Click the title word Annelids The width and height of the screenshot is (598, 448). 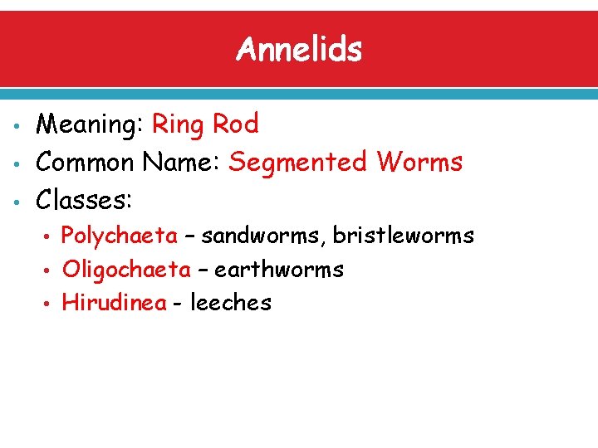pyautogui.click(x=299, y=50)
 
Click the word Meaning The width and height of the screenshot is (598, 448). pyautogui.click(x=90, y=125)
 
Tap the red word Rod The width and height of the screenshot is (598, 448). pyautogui.click(x=236, y=124)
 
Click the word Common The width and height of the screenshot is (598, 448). pyautogui.click(x=86, y=161)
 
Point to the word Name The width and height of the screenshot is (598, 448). pyautogui.click(x=181, y=161)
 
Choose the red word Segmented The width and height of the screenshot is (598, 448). pyautogui.click(x=297, y=163)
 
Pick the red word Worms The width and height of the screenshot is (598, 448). pyautogui.click(x=419, y=161)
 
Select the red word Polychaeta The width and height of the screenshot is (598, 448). pyautogui.click(x=120, y=236)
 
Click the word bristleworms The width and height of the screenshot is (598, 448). pyautogui.click(x=404, y=236)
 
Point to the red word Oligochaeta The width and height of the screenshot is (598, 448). pyautogui.click(x=126, y=270)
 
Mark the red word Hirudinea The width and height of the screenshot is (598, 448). pyautogui.click(x=115, y=303)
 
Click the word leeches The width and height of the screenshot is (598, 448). pyautogui.click(x=231, y=303)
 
